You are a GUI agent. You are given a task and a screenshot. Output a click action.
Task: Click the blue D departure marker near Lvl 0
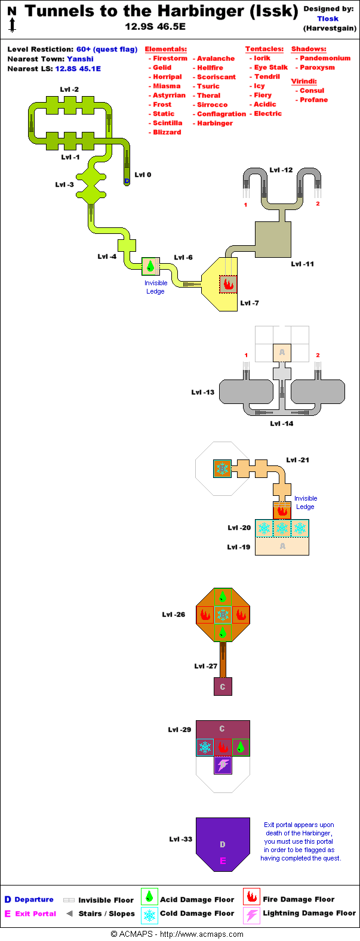click(x=127, y=181)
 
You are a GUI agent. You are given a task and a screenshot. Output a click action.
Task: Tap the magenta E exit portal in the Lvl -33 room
click(x=223, y=860)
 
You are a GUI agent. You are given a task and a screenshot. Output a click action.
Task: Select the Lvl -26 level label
click(x=174, y=615)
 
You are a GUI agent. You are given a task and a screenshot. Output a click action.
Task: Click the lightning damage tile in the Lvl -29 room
click(x=223, y=765)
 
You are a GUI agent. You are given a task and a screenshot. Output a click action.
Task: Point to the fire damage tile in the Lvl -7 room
click(x=227, y=284)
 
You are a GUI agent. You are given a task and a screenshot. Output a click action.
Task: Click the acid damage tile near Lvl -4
click(x=150, y=266)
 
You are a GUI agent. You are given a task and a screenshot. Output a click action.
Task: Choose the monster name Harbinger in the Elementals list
click(x=215, y=123)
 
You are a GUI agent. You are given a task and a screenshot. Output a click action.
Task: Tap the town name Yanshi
click(x=80, y=59)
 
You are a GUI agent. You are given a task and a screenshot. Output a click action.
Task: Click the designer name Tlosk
click(x=328, y=18)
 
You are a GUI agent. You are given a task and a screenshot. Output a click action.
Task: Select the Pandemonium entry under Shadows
click(x=325, y=58)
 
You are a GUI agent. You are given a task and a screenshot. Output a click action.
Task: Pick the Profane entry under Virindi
click(x=313, y=100)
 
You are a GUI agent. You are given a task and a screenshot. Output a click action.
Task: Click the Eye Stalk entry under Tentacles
click(x=270, y=67)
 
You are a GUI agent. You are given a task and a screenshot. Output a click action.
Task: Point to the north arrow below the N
click(x=12, y=24)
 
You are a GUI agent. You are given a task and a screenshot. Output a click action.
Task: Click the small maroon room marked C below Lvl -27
click(x=223, y=687)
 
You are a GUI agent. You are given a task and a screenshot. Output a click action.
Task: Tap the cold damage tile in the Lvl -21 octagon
click(x=223, y=468)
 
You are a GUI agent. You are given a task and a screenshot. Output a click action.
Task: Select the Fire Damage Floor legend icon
click(x=251, y=897)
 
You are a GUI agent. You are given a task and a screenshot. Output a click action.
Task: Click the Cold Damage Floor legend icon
click(x=149, y=915)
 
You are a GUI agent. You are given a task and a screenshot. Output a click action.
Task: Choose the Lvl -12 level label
click(x=281, y=170)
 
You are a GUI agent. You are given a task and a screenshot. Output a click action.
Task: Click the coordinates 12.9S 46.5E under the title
click(x=155, y=26)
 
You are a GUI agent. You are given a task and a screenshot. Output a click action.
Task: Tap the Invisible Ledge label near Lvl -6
click(x=156, y=287)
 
